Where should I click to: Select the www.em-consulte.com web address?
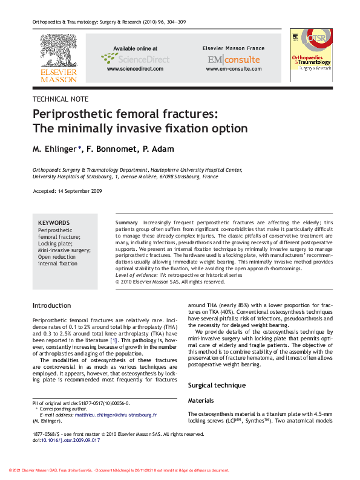point(233,70)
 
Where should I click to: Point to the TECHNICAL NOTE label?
point(61,99)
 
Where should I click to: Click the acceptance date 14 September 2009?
point(79,191)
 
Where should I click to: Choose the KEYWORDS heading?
point(54,222)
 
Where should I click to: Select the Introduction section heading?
point(52,305)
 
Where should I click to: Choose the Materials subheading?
point(201,400)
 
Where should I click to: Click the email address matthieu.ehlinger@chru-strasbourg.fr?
point(116,415)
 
